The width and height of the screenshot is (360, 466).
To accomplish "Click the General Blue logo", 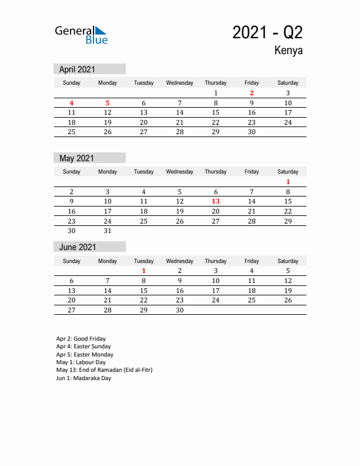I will tap(81, 35).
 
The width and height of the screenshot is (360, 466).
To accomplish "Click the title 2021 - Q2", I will tap(267, 32).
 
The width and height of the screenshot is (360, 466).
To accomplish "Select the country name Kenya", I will tap(288, 51).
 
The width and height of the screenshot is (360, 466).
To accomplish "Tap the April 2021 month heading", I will tap(77, 69).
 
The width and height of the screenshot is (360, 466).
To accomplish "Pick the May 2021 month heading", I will tap(76, 158).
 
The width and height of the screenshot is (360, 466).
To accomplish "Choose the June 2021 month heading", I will tap(77, 247).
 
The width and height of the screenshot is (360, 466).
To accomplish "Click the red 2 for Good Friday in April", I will tap(252, 93).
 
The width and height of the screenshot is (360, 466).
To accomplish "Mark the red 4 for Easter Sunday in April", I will tap(72, 103).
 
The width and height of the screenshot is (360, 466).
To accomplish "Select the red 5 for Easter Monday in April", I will tap(108, 103).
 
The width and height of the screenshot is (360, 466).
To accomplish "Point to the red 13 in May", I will tap(216, 201).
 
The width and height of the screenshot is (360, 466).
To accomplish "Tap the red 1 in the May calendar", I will tap(288, 182).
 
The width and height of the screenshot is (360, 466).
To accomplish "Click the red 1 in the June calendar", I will tap(144, 271).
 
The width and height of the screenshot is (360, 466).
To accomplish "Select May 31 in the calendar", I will tap(108, 231).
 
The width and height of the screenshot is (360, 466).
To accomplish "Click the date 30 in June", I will tap(179, 310).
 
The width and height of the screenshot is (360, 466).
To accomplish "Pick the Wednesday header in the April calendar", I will tap(179, 83).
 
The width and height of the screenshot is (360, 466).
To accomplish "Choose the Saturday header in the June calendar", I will tap(288, 261).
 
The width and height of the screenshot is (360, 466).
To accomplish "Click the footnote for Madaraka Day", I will tap(84, 378).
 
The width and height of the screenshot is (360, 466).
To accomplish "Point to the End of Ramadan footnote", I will tap(104, 370).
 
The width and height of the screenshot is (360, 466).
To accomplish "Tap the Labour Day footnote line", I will tap(81, 362).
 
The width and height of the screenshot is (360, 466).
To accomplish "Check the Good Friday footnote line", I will tap(81, 339).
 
